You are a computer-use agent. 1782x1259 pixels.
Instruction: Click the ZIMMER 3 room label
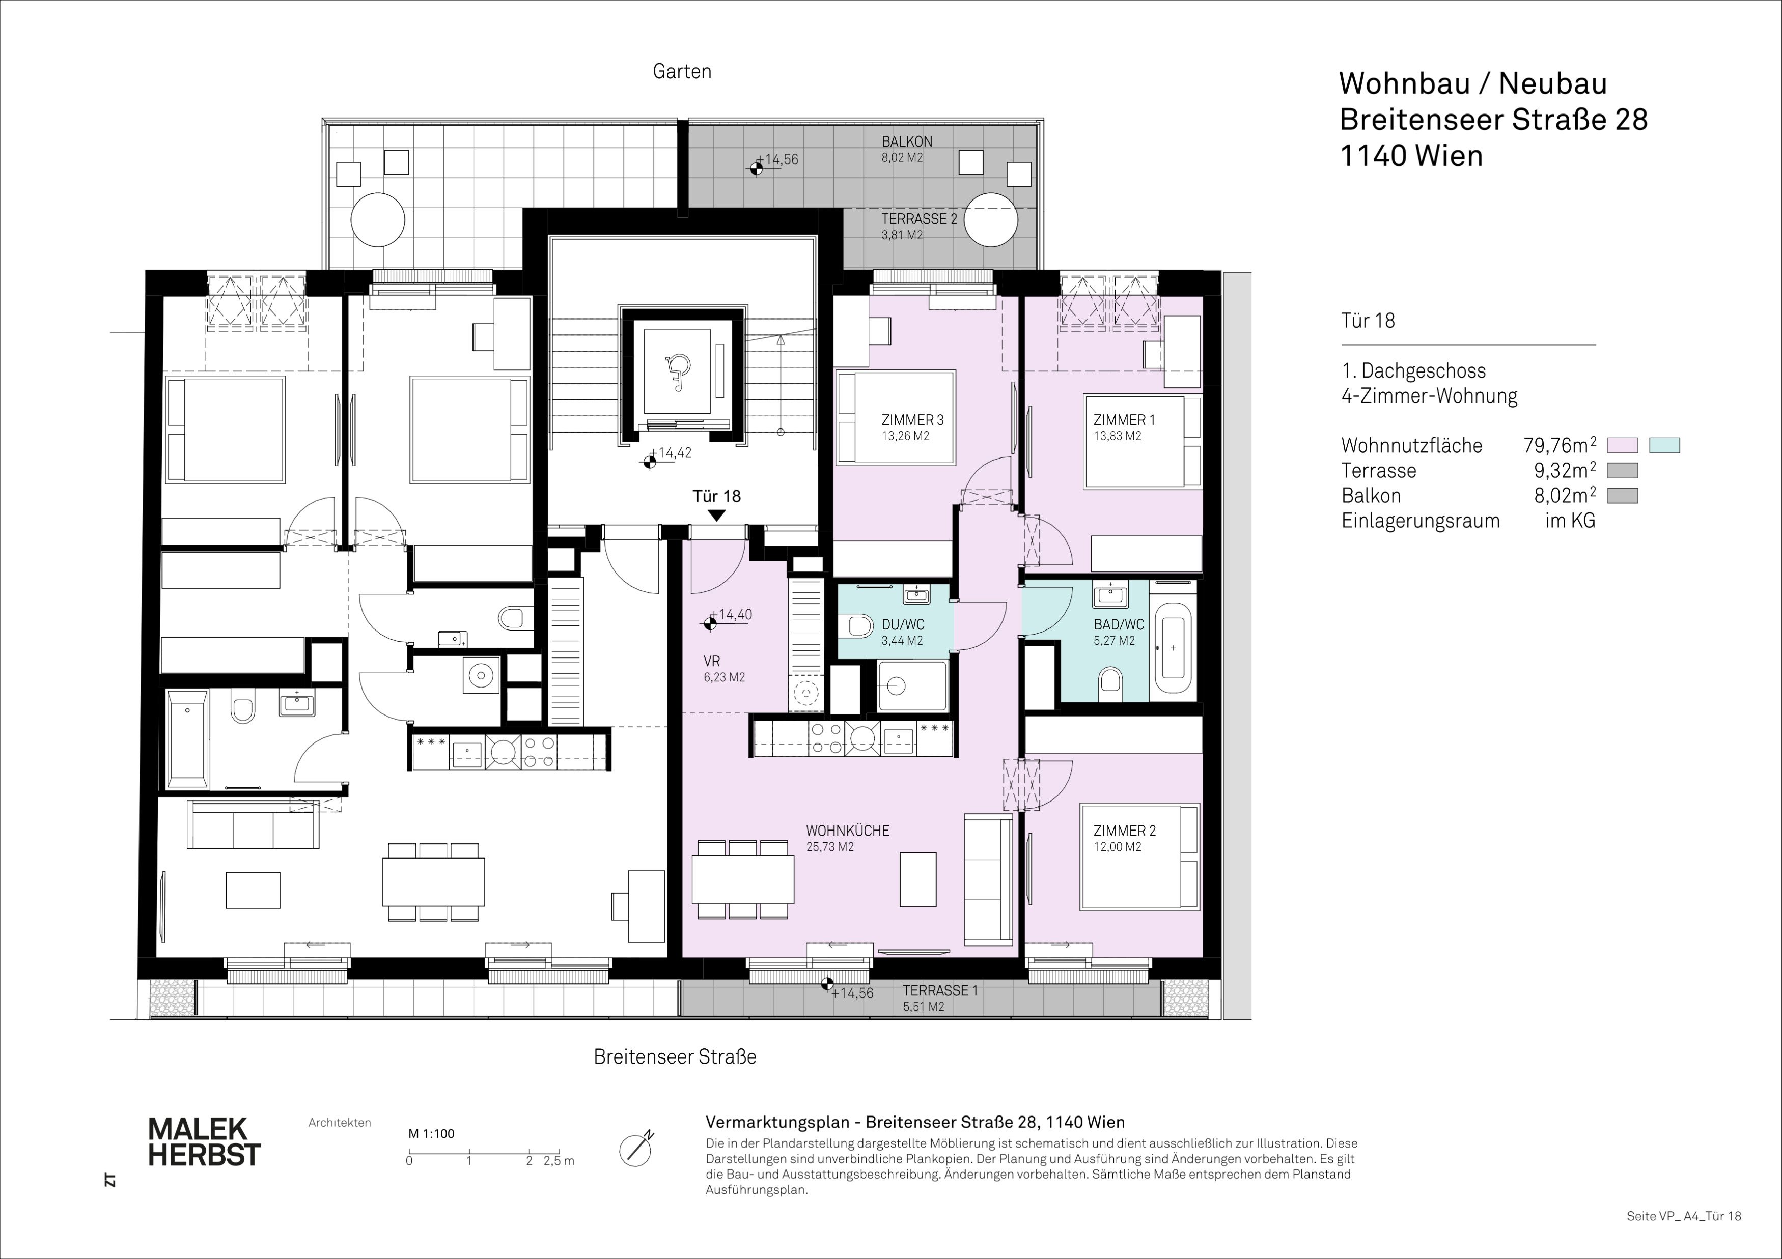pyautogui.click(x=913, y=420)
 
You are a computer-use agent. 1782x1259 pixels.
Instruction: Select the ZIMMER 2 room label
pyautogui.click(x=1125, y=831)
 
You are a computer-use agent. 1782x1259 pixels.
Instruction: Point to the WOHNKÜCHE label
pyautogui.click(x=848, y=831)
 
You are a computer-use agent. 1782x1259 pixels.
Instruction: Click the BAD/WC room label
pyautogui.click(x=1119, y=624)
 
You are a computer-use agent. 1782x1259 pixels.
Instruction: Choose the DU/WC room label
pyautogui.click(x=903, y=624)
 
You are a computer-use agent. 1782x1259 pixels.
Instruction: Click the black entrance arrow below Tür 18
pyautogui.click(x=717, y=515)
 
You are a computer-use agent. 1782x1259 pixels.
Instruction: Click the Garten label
pyautogui.click(x=682, y=71)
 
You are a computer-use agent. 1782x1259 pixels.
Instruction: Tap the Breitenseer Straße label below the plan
pyautogui.click(x=675, y=1056)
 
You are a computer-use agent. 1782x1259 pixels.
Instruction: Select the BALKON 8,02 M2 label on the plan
pyautogui.click(x=906, y=149)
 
